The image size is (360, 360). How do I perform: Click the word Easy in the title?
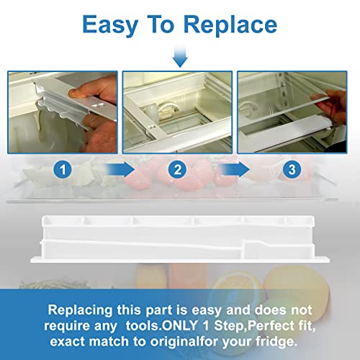tap(110, 25)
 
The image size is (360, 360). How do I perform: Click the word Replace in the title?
tap(230, 24)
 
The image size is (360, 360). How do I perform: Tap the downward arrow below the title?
tap(180, 57)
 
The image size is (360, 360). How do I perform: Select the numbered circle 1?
tap(63, 170)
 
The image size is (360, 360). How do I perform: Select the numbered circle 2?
tap(177, 170)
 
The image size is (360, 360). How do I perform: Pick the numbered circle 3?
tap(292, 170)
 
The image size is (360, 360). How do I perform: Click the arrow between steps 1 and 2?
tap(120, 169)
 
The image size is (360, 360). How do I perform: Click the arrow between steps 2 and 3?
tap(234, 169)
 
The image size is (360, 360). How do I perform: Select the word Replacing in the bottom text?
tap(81, 310)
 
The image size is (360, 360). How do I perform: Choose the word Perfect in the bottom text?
tap(271, 325)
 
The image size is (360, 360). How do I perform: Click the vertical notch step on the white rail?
tap(243, 248)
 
